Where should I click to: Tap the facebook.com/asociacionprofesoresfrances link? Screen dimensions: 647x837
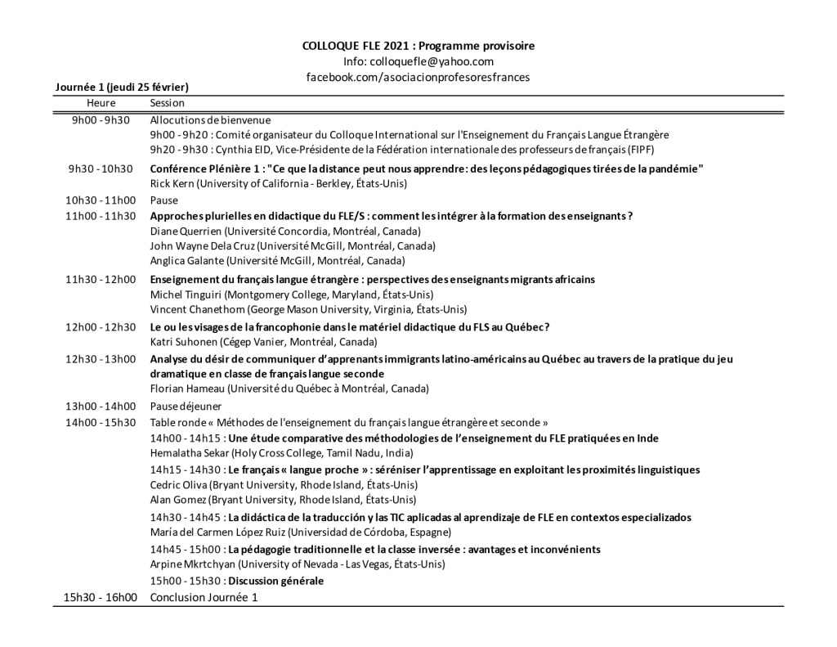418,76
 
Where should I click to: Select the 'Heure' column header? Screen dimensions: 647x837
101,103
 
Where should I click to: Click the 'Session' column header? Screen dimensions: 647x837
168,103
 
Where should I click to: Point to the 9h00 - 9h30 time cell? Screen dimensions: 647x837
101,120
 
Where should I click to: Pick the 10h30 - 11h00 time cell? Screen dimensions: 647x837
101,200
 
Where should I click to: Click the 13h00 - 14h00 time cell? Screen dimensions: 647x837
101,406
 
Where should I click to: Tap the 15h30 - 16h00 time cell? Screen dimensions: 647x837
101,597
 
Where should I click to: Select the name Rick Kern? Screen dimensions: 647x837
172,183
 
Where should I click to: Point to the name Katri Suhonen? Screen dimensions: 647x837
182,341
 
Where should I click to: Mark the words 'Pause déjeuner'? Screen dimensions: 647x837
186,406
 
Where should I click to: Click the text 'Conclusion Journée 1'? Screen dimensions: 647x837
204,597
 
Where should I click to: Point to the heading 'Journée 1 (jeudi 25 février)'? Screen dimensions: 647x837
123,86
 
